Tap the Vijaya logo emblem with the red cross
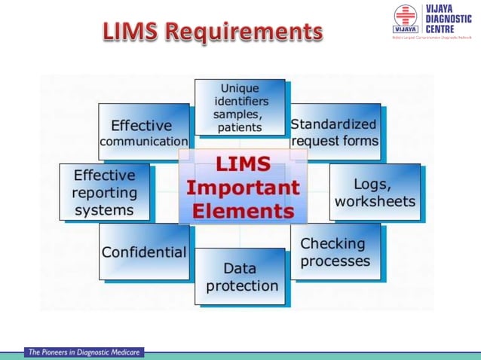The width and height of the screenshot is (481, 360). coord(405,19)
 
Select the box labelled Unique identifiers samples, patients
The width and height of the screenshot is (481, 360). coord(240,108)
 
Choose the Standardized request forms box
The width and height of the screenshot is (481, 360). coord(335,132)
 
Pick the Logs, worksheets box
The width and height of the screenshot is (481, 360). coord(375,192)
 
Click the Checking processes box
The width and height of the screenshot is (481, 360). coord(335,252)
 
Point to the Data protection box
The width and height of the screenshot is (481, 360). coord(241,276)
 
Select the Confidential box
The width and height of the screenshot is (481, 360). coord(144,252)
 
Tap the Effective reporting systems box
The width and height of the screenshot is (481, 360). coord(105,192)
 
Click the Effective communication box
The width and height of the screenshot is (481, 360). coord(144,133)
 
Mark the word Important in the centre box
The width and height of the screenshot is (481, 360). coord(244,187)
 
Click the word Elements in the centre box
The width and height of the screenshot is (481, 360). coord(244,209)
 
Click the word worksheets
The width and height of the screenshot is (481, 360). coord(375,201)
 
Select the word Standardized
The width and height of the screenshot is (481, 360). coord(334,124)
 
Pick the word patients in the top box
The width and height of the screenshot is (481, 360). coord(240,127)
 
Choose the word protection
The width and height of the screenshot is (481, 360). coord(242,285)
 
